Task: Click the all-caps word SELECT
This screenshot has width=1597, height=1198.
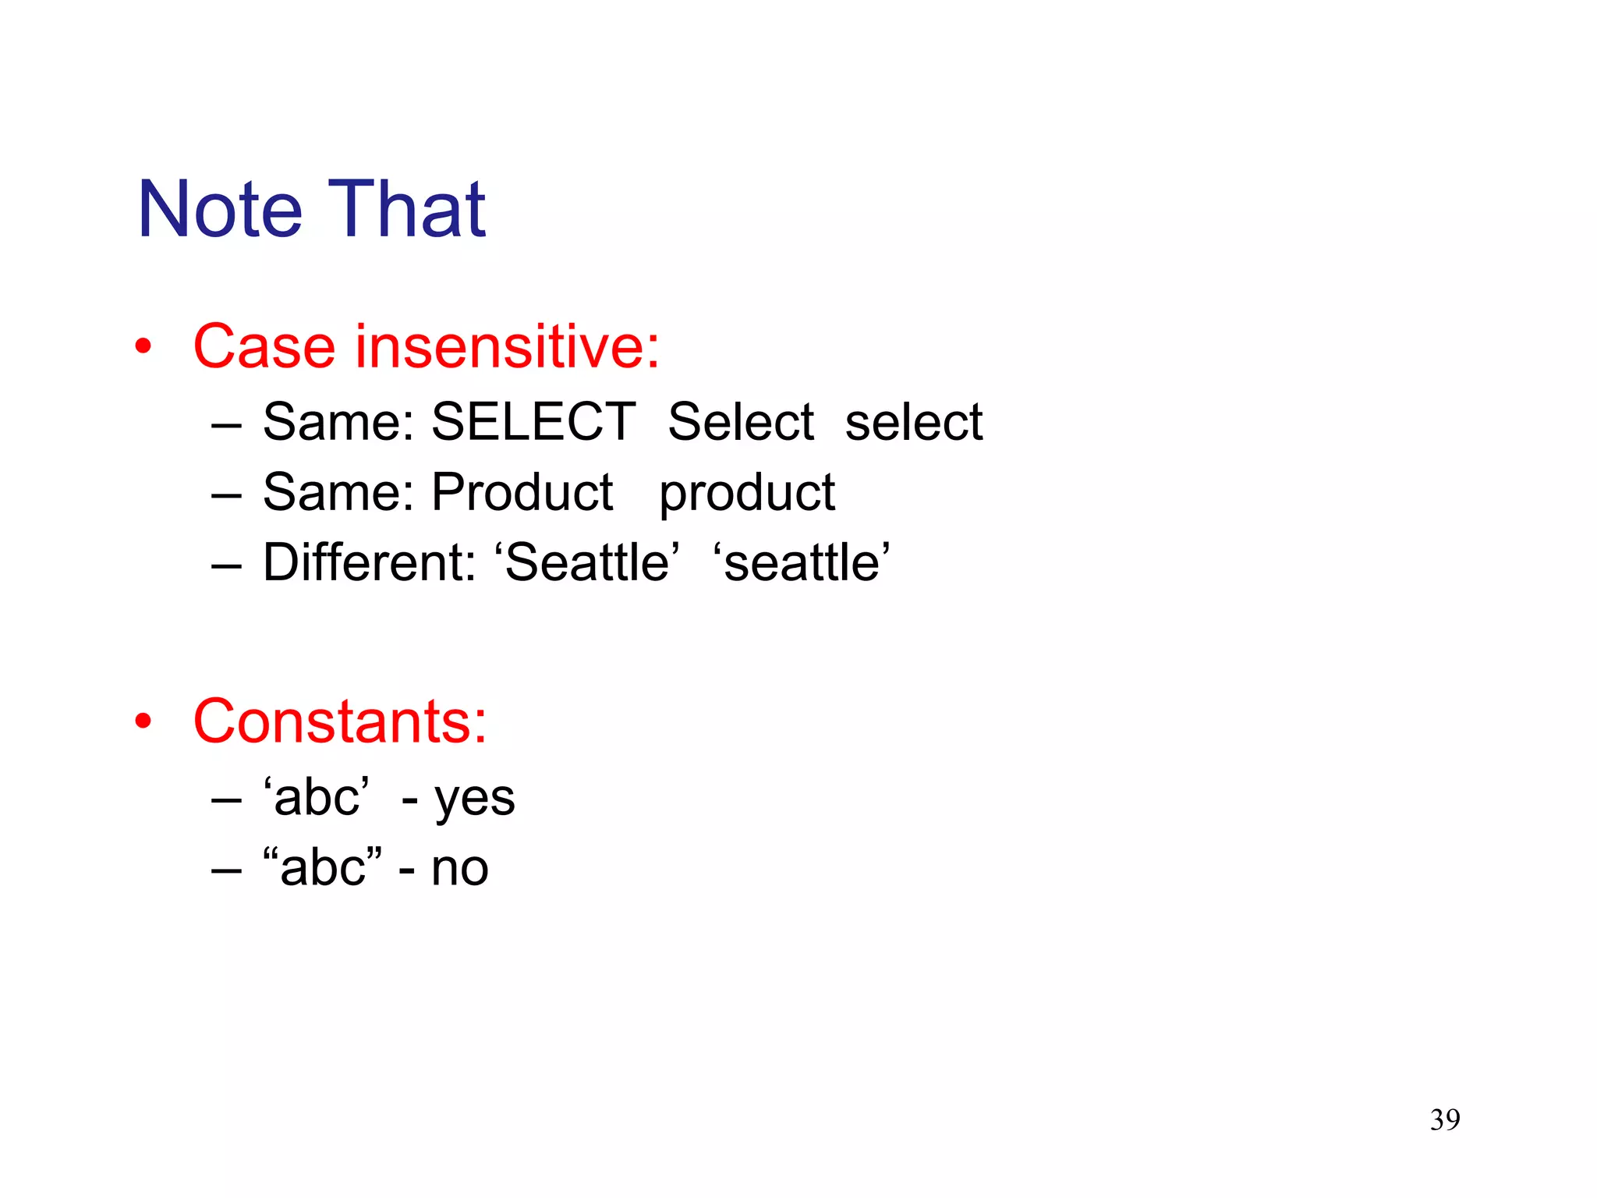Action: [533, 422]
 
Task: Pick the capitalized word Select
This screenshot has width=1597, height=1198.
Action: [741, 422]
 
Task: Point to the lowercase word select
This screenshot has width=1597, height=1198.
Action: [914, 422]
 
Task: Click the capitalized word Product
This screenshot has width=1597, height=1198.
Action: [522, 493]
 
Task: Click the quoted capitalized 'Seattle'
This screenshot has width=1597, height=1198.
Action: [587, 562]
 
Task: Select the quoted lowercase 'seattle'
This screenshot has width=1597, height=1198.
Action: [802, 562]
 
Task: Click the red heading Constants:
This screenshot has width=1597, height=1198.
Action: [340, 721]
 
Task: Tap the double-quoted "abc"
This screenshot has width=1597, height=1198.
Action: [322, 867]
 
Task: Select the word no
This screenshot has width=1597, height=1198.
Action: [460, 869]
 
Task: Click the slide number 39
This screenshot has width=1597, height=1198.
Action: [1445, 1120]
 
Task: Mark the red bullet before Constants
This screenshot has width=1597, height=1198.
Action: [143, 721]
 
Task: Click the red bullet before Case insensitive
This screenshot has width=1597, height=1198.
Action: [143, 347]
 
